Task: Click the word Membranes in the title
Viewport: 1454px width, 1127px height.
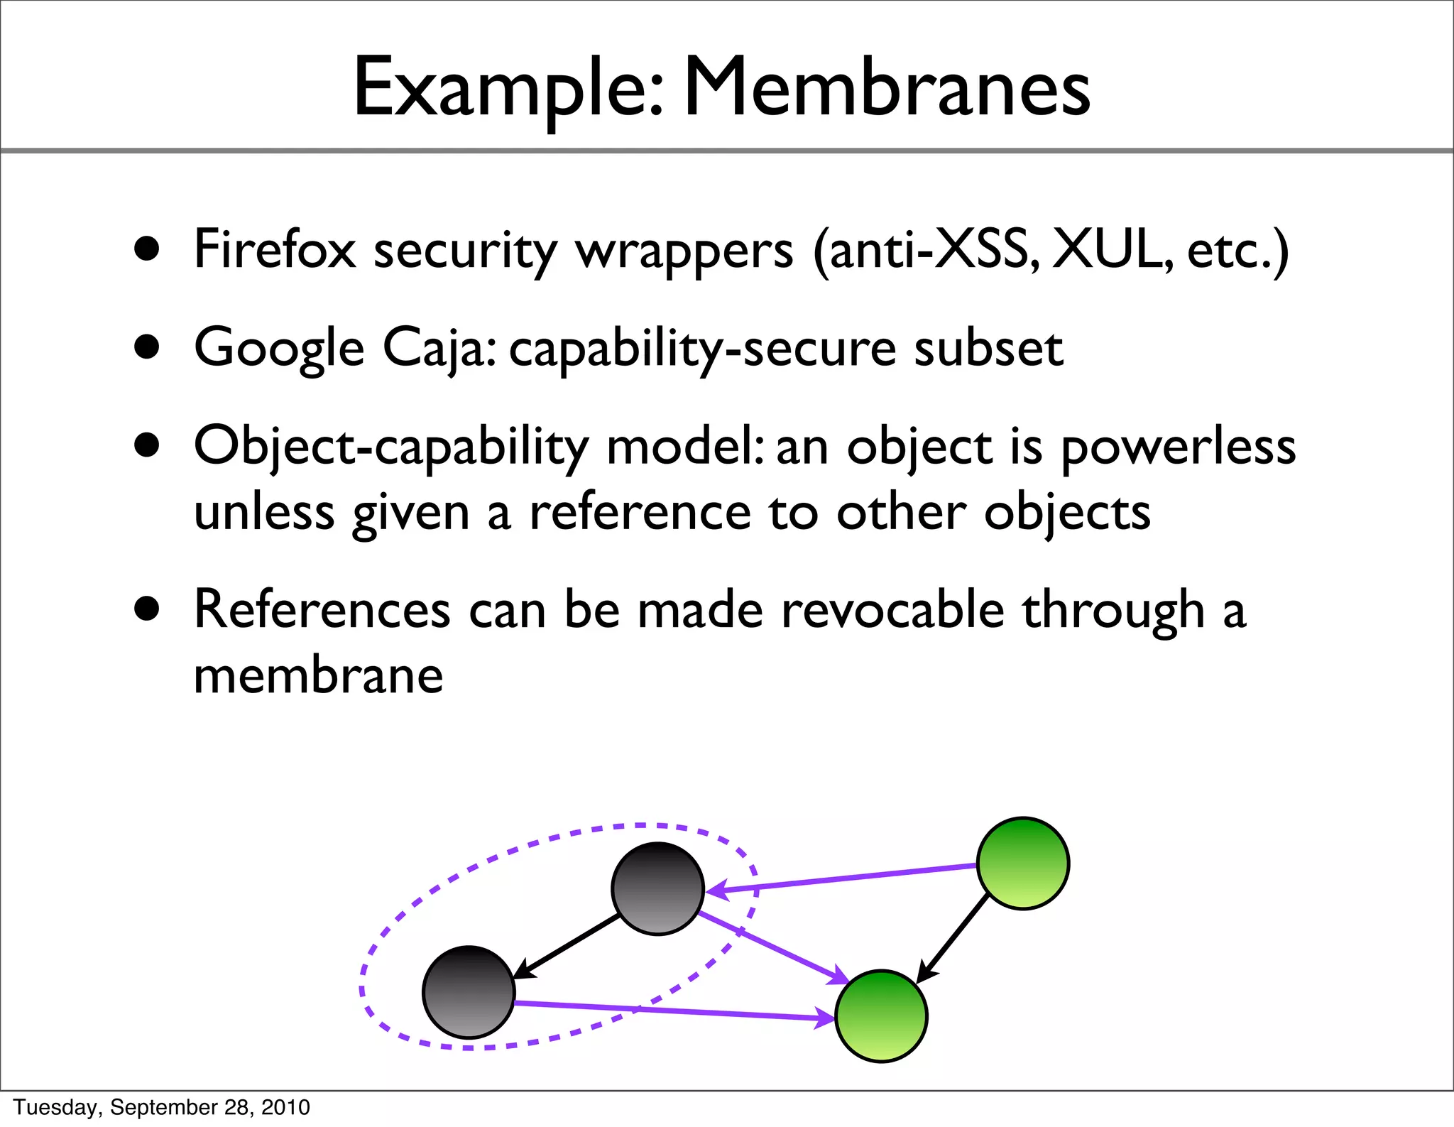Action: coord(886,88)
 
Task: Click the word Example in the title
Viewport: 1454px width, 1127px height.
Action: coord(505,89)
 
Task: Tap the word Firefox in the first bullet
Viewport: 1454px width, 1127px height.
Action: coord(275,250)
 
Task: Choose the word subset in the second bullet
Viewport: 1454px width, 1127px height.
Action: coord(988,348)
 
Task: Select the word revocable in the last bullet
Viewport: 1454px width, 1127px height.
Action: coord(893,610)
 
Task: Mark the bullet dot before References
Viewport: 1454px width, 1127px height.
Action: coord(147,609)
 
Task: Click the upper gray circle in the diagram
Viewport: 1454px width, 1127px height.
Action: coord(657,888)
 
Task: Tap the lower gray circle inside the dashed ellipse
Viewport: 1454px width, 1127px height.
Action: coord(469,992)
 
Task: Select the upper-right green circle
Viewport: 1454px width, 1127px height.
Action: coord(1023,863)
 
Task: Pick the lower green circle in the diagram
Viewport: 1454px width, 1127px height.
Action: coord(881,1016)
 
